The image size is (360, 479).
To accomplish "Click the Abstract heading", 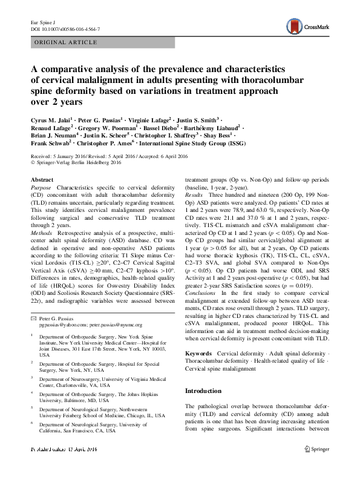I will point(42,180).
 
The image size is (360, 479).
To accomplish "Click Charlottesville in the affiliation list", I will point(65,384).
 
